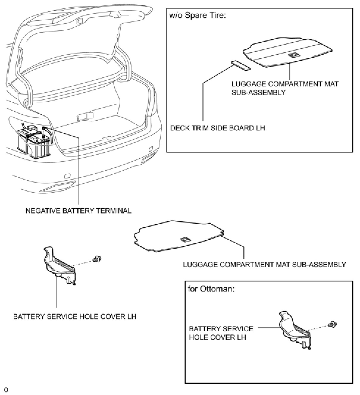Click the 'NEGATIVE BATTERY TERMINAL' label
click(78, 211)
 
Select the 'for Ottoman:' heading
click(211, 289)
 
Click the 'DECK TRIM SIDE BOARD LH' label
click(217, 128)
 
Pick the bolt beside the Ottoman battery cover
click(331, 325)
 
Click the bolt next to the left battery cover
click(96, 259)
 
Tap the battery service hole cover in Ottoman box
click(294, 330)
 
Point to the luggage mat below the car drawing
click(179, 236)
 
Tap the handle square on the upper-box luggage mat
click(294, 55)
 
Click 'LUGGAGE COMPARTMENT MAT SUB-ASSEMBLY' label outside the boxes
click(264, 264)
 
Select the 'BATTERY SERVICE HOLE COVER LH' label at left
click(75, 316)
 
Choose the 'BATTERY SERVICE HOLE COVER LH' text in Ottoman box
click(221, 333)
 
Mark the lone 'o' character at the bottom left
click(6, 390)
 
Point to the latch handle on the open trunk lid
click(80, 21)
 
